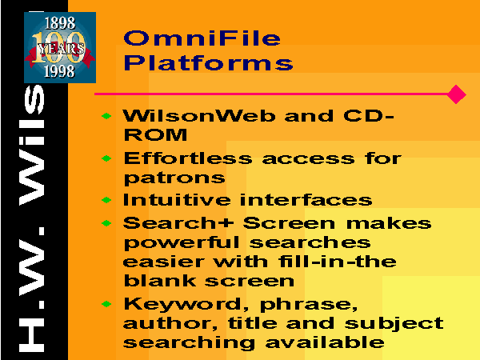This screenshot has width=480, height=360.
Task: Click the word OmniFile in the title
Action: tap(202, 38)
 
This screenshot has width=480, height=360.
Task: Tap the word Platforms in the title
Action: tap(208, 62)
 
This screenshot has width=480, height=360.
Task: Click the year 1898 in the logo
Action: tap(60, 23)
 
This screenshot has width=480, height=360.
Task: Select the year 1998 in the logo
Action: tap(59, 71)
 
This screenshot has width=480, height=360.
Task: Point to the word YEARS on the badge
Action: tap(61, 49)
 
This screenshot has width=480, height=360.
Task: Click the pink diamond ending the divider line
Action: tap(456, 94)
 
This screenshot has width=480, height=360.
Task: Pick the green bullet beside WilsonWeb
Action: tap(106, 116)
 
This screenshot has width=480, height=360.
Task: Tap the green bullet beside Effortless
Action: tap(106, 158)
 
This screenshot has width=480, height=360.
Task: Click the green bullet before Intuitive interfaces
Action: tap(106, 200)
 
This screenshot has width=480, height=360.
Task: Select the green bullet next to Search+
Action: tap(106, 223)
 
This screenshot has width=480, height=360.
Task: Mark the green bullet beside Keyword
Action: tap(106, 304)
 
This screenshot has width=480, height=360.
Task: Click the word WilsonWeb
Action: tap(199, 116)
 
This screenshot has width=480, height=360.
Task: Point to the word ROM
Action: tap(155, 134)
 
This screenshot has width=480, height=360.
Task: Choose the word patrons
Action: tap(174, 178)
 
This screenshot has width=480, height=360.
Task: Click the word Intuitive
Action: tap(177, 200)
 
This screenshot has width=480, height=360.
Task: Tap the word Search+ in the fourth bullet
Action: tap(178, 223)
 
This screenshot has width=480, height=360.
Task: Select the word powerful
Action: tap(182, 243)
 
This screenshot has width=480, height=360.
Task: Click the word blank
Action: tap(160, 281)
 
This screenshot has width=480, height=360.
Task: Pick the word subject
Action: tap(394, 324)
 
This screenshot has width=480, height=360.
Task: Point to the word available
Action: tap(325, 342)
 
